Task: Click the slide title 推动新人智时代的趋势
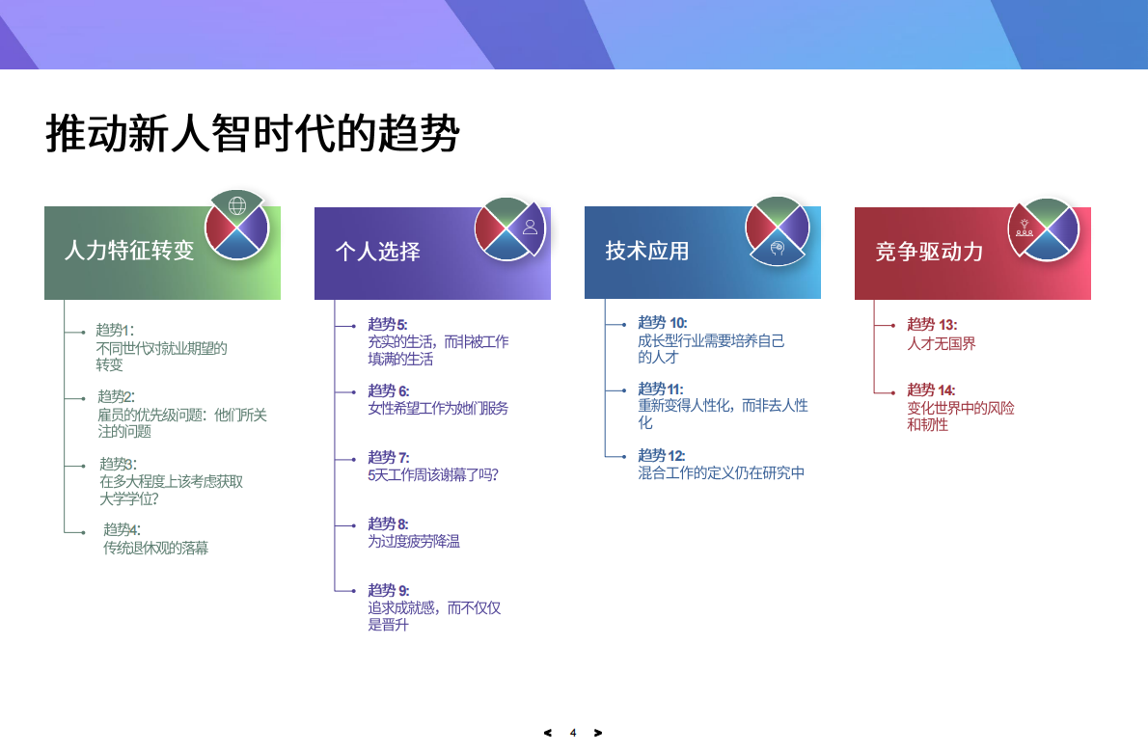(x=253, y=134)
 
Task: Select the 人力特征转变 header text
(x=129, y=252)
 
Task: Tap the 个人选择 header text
(x=377, y=253)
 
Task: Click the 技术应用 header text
(x=647, y=252)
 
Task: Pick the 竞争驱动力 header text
(x=929, y=253)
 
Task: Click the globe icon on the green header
(x=236, y=205)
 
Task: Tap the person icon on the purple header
(x=530, y=228)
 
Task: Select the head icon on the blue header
(x=777, y=249)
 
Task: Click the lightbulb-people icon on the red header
(x=1025, y=228)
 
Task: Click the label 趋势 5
(x=388, y=324)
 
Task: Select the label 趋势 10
(x=662, y=323)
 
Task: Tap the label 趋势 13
(x=932, y=325)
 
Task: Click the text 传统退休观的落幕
(x=155, y=548)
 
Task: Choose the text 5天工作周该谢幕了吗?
(x=433, y=474)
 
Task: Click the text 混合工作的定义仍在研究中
(x=721, y=472)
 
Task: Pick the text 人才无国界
(x=942, y=343)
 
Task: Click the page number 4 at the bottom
(x=573, y=733)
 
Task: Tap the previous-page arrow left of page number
(x=548, y=733)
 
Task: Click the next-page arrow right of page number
(x=598, y=733)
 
